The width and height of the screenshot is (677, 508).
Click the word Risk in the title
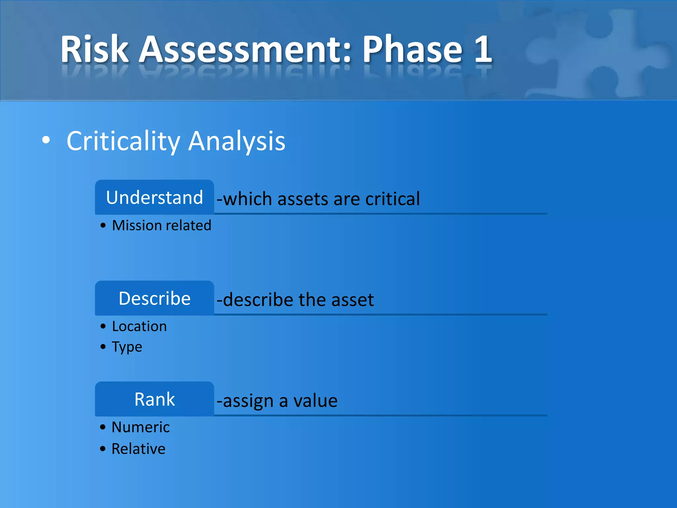tap(94, 50)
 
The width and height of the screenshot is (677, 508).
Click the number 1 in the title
tap(483, 50)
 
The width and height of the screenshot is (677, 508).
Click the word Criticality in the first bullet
tap(123, 142)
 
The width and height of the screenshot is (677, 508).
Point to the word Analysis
tap(237, 142)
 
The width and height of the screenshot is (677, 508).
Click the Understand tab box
tap(154, 198)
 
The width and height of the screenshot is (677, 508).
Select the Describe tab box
tap(154, 299)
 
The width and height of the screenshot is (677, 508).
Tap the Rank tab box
tap(154, 399)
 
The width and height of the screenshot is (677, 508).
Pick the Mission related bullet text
tap(161, 226)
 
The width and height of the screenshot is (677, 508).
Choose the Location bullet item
tap(139, 326)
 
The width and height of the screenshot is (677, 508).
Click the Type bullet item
tap(127, 347)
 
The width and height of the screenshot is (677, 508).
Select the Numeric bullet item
tap(140, 427)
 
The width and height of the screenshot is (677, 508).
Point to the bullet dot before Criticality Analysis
tap(46, 140)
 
